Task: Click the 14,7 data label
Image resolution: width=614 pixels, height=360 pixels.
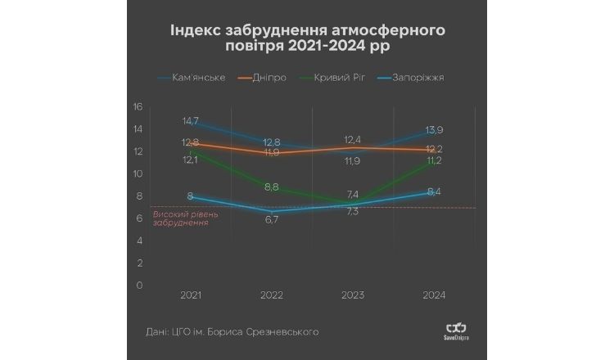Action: pyautogui.click(x=190, y=121)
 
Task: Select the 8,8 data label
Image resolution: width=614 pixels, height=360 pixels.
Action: pyautogui.click(x=271, y=187)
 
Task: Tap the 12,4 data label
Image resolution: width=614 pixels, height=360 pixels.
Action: pyautogui.click(x=352, y=140)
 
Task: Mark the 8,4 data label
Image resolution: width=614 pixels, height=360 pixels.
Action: pyautogui.click(x=434, y=192)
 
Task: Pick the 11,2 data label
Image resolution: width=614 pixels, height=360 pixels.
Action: pyautogui.click(x=435, y=161)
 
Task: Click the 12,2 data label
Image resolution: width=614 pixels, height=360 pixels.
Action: pyautogui.click(x=435, y=149)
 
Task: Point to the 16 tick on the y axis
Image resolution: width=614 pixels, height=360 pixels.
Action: pyautogui.click(x=138, y=106)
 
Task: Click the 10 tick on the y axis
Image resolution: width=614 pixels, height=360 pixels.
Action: pyautogui.click(x=138, y=173)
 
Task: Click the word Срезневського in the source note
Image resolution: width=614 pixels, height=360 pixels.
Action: pyautogui.click(x=278, y=331)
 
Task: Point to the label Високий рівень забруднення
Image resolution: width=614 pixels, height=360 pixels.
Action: pyautogui.click(x=180, y=218)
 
